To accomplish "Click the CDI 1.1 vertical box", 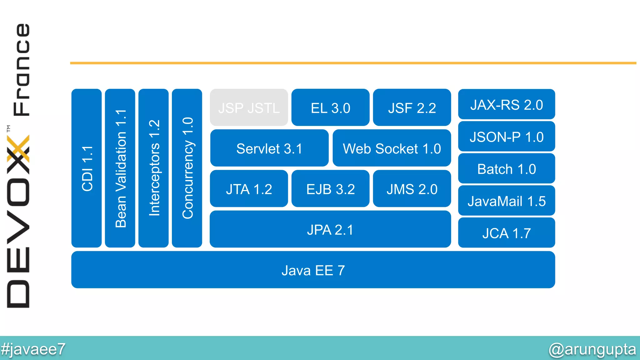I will [87, 168].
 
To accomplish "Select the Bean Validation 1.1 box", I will [120, 168].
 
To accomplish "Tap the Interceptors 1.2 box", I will [153, 168].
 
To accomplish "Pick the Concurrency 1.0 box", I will [187, 168].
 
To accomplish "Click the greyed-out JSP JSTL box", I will [249, 107].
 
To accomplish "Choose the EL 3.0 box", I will [330, 107].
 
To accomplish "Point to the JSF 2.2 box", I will [412, 107].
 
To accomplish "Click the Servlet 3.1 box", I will [269, 148].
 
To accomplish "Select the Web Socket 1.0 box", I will [392, 148].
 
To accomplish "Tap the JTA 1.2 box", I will [249, 189].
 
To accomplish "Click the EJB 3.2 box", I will [330, 189].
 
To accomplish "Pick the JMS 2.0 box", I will [412, 189].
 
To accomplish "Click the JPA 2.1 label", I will [330, 230].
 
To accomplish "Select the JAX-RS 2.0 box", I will [506, 104].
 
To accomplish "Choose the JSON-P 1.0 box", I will [506, 137].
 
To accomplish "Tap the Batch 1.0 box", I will [506, 169].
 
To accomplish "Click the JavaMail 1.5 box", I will [506, 201].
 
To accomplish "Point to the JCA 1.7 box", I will [506, 233].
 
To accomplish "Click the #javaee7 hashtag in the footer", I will [33, 349].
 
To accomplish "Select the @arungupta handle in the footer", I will [592, 349].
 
